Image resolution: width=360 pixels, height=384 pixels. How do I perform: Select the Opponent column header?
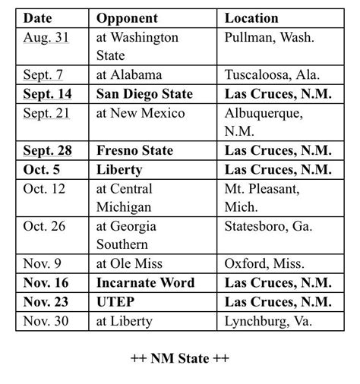127,17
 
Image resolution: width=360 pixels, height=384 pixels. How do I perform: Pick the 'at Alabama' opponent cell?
128,74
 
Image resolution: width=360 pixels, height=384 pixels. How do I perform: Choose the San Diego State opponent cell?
144,93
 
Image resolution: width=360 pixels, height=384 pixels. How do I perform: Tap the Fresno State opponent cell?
134,150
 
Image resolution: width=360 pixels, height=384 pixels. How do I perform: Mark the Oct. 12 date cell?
45,188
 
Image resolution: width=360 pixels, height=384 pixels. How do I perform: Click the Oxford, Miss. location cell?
264,264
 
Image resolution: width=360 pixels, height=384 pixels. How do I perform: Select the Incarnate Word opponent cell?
145,282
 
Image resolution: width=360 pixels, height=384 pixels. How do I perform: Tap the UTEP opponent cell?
117,301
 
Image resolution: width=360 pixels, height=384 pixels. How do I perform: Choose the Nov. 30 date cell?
46,320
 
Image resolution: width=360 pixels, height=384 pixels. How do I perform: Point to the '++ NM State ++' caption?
179,357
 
